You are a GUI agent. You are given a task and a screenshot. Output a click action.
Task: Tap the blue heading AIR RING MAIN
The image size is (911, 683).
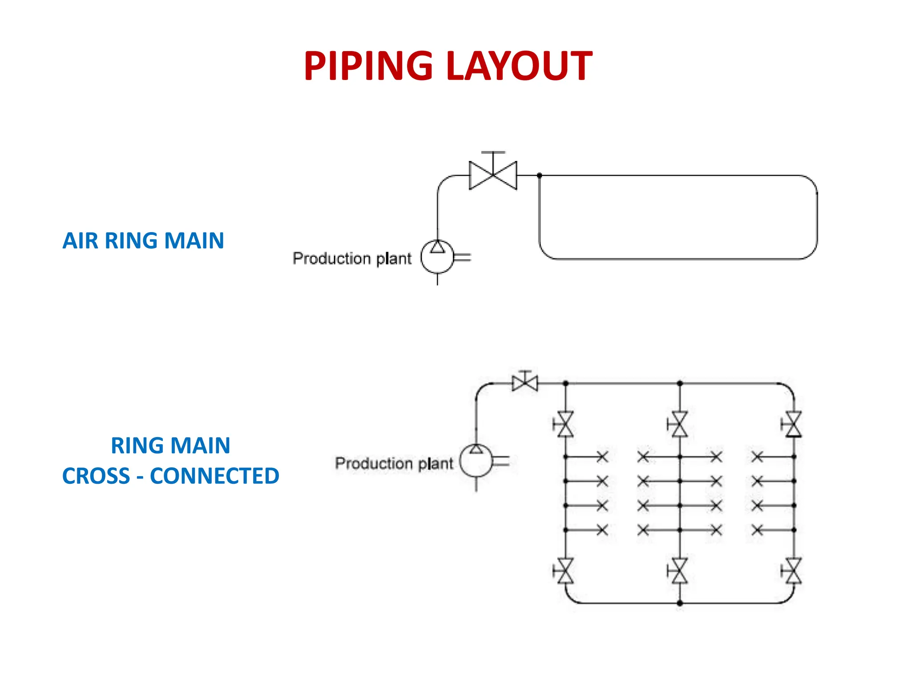143,241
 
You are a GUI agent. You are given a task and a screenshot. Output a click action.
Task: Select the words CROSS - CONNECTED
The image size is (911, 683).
171,476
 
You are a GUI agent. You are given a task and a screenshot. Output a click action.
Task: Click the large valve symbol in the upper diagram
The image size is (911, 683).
493,175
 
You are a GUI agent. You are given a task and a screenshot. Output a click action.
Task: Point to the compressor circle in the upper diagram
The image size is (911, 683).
437,257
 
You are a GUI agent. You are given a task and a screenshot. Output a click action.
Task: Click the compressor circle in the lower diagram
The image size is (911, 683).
476,461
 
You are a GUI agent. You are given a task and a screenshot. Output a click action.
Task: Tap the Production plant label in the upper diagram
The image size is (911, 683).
352,258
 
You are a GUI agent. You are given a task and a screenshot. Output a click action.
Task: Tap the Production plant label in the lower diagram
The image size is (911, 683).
394,463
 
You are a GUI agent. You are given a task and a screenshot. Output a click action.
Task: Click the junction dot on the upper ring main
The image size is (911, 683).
539,176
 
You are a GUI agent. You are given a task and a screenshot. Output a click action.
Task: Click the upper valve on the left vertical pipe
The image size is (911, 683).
565,424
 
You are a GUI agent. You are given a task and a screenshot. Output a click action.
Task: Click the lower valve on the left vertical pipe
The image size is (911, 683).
565,571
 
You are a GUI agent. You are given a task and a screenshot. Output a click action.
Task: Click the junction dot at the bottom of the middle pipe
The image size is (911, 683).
680,603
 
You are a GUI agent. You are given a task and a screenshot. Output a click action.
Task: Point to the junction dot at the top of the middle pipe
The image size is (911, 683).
680,383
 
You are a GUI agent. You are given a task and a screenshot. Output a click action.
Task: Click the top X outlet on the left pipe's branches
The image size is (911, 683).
602,457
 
